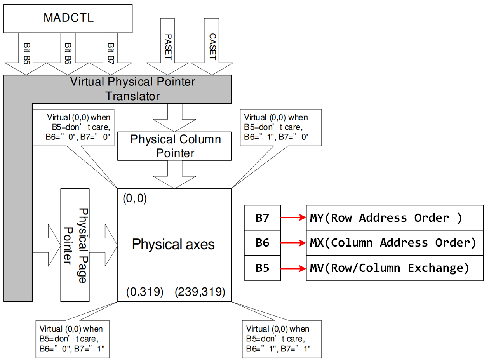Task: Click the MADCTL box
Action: click(68, 18)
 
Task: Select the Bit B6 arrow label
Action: click(67, 52)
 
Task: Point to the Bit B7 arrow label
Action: click(110, 52)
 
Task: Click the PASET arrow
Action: click(167, 47)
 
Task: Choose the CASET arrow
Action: click(212, 47)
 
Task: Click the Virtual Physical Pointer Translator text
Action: click(132, 89)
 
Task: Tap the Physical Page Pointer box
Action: click(75, 245)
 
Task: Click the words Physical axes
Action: click(173, 244)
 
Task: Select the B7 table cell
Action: click(262, 218)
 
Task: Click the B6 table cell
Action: click(262, 243)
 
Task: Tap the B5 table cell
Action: click(262, 268)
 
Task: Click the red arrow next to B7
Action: click(293, 218)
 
